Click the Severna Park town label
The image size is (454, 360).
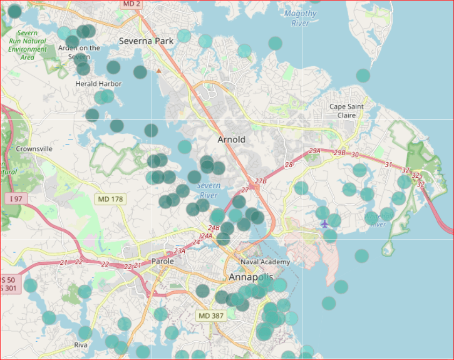(x=146, y=41)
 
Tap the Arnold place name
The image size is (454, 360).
(x=231, y=140)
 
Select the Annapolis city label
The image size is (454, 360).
(x=250, y=278)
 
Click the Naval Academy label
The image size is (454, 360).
(x=265, y=262)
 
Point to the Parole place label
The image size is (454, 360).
(x=162, y=261)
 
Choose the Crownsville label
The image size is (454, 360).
(x=34, y=149)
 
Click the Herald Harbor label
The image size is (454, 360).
(x=98, y=84)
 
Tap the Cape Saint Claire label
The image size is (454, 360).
(x=347, y=111)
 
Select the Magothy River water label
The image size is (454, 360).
(x=300, y=18)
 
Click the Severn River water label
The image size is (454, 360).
(x=208, y=191)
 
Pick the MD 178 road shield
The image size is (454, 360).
(x=111, y=199)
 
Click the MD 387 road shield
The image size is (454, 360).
(x=210, y=316)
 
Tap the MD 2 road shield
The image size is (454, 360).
(x=132, y=4)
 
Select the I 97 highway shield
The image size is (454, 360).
(x=16, y=199)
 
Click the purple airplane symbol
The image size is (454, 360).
(x=324, y=224)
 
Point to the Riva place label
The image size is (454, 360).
(x=81, y=345)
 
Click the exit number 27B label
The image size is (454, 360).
(x=261, y=181)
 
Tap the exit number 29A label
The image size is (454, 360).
(x=314, y=151)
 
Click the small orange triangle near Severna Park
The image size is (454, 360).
(x=158, y=70)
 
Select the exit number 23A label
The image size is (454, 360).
(x=179, y=251)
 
